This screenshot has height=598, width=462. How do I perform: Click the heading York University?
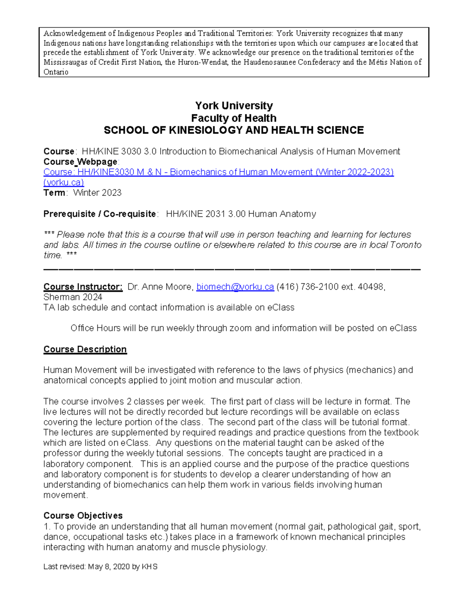234,106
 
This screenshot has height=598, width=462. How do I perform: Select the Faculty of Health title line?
234,118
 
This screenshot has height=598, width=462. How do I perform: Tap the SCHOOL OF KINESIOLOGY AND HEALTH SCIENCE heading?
234,131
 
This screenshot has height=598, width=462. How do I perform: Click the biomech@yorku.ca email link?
235,287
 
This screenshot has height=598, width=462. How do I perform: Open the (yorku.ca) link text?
64,183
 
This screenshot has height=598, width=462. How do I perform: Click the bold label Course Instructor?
83,287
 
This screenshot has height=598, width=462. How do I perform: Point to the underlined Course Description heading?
85,349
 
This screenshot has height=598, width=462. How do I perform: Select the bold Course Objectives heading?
83,516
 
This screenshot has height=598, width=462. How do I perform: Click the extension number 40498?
370,287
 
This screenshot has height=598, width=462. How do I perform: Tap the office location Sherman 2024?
73,297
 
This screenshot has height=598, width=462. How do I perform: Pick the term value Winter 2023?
97,193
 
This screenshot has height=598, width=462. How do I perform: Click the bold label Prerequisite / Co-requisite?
100,214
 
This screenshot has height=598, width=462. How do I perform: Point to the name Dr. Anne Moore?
159,287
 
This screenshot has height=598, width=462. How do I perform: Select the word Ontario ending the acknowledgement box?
56,72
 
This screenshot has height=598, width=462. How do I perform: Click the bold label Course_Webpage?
80,162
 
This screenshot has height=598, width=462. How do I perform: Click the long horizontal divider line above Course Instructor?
232,269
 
